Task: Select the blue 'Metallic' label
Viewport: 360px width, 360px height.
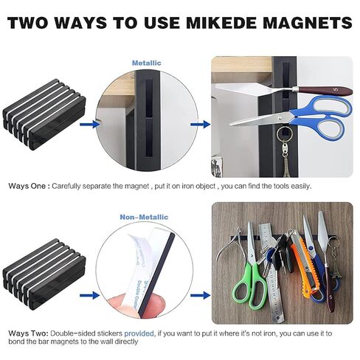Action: click(146, 63)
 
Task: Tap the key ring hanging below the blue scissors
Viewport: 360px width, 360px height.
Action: click(280, 138)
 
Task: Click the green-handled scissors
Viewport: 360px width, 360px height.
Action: click(246, 288)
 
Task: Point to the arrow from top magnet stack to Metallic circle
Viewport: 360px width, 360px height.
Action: click(89, 125)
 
